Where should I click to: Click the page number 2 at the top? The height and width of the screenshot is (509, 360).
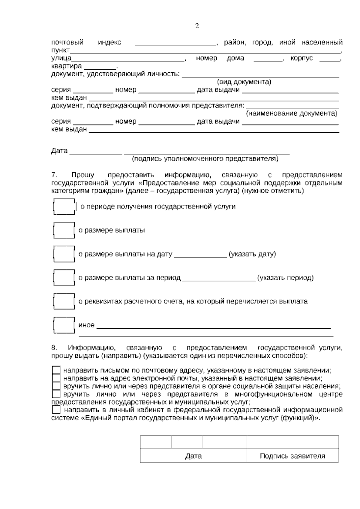pos(197,26)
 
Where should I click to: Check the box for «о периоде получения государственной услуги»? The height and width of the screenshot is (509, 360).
pos(64,206)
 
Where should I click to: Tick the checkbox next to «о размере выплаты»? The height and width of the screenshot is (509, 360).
pos(64,230)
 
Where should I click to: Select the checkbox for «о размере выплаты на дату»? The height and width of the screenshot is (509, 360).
pos(64,254)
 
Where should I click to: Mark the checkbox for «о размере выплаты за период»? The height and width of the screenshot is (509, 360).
pos(64,278)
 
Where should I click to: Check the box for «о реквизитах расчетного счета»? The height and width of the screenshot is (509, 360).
pos(64,301)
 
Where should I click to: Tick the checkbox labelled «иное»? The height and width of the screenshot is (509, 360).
pos(64,325)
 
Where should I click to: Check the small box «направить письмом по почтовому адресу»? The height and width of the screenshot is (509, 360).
pos(56,370)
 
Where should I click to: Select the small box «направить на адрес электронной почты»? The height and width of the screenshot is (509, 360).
pos(56,378)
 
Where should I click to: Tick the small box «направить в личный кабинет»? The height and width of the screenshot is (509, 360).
pos(56,410)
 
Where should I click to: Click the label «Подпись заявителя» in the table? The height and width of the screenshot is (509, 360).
pos(292,456)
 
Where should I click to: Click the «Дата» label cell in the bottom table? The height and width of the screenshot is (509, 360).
pos(193,456)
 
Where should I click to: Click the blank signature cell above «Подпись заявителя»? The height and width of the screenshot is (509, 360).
pos(292,442)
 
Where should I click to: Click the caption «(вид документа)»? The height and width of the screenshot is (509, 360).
pos(244,82)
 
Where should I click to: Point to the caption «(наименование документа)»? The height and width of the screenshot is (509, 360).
pos(291,113)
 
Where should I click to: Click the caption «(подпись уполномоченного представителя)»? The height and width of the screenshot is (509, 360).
pos(205,158)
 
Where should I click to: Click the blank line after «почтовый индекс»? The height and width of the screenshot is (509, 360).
pos(176,44)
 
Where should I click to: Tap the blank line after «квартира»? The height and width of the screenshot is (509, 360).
pos(100,67)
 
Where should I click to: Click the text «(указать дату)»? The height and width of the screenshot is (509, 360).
pos(252,254)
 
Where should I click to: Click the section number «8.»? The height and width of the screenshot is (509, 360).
pos(54,348)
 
